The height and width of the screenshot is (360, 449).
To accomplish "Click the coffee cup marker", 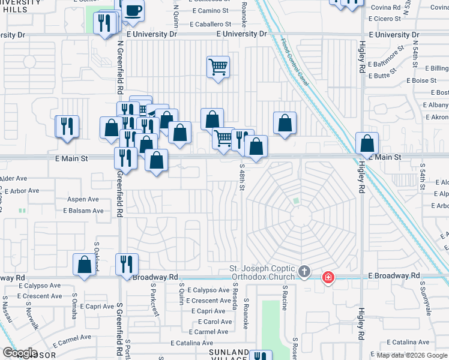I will [134, 10].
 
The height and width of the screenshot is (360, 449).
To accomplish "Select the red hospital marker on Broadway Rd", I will [328, 277].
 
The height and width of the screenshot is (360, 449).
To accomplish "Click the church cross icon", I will [304, 272].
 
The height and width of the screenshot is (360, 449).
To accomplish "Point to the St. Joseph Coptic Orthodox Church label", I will [263, 272].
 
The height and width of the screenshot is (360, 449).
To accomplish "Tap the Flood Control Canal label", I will [294, 63].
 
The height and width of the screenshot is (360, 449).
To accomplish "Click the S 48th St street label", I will [243, 178].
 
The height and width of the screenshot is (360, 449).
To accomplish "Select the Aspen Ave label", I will [83, 199].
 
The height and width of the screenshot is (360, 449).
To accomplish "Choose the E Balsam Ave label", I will [83, 211].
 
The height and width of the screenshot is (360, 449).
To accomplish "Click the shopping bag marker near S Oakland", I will [84, 264].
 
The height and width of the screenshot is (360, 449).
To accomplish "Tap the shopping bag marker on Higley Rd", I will [367, 144].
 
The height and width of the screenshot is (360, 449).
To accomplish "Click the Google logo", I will [20, 352].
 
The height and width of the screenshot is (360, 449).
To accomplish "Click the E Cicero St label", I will [385, 19].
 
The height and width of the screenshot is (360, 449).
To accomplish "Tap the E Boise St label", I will [421, 80].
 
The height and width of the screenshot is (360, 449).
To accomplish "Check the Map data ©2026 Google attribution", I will [412, 355].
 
